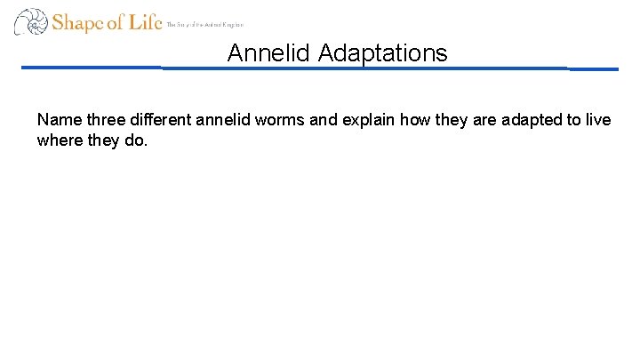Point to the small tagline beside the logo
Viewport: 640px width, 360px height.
tap(205, 25)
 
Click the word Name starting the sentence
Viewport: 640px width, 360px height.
tap(57, 120)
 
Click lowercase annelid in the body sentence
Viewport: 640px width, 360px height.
tap(217, 120)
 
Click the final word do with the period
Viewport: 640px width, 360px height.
tap(135, 140)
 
